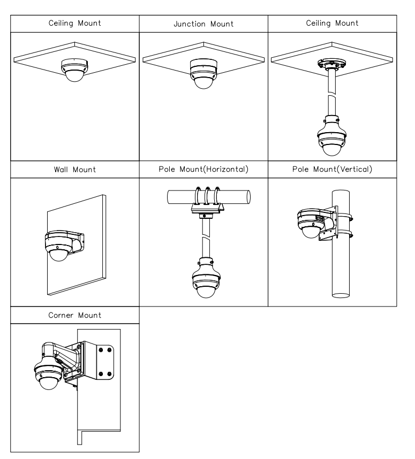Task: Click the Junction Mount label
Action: pyautogui.click(x=203, y=24)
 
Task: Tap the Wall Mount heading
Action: pyautogui.click(x=75, y=170)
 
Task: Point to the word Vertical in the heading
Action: pyautogui.click(x=356, y=169)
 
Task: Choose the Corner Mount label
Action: pyautogui.click(x=75, y=315)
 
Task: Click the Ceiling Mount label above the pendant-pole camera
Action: pyautogui.click(x=332, y=23)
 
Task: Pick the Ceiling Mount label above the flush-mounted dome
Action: pyautogui.click(x=75, y=23)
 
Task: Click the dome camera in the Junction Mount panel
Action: pyautogui.click(x=203, y=73)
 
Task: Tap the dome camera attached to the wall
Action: pyautogui.click(x=58, y=246)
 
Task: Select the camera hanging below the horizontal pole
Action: pyautogui.click(x=206, y=278)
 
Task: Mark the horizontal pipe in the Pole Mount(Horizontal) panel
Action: pyautogui.click(x=209, y=197)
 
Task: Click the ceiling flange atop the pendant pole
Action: pyautogui.click(x=332, y=64)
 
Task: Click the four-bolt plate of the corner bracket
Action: pyautogui.click(x=105, y=362)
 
